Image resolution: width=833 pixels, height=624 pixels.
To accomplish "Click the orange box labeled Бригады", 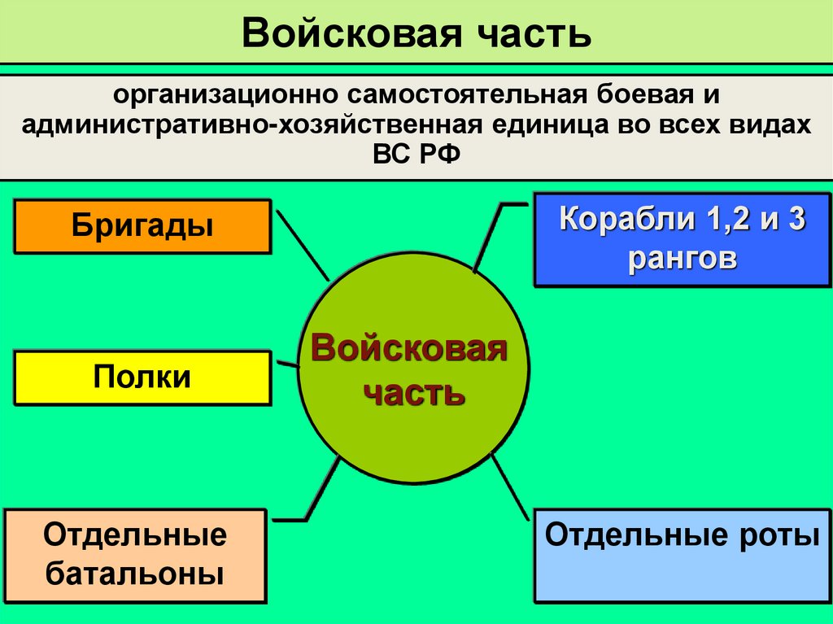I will point(142,226).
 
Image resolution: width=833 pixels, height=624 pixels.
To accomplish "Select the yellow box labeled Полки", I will point(142,377).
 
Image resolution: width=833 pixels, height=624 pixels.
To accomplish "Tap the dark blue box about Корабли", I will point(683,239).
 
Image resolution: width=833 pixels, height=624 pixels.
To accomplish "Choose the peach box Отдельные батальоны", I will point(135,556).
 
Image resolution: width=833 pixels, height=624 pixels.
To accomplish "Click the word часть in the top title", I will point(521,33).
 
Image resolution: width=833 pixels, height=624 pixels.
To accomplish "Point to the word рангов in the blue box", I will point(683,259).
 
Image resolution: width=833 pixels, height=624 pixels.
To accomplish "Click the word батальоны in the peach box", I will point(135,574).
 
